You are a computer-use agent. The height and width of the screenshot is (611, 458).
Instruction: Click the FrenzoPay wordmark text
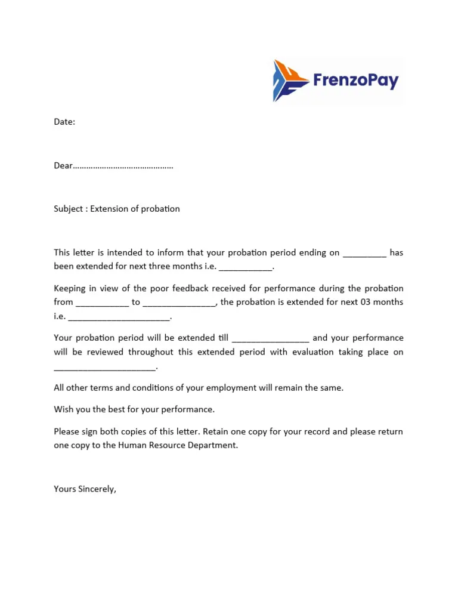click(x=355, y=80)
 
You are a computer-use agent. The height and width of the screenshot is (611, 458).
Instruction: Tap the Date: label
click(x=64, y=122)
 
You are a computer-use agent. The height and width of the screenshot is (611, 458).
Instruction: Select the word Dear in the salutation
click(x=63, y=165)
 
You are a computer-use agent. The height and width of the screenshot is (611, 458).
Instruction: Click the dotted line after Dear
click(x=123, y=166)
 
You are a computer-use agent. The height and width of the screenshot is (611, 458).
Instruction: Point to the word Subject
click(x=69, y=209)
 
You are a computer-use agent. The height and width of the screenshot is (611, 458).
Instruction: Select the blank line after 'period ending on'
click(x=364, y=254)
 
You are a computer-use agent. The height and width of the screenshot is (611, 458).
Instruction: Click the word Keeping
click(x=70, y=289)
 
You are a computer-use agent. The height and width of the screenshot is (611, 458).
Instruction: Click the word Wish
click(x=64, y=409)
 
